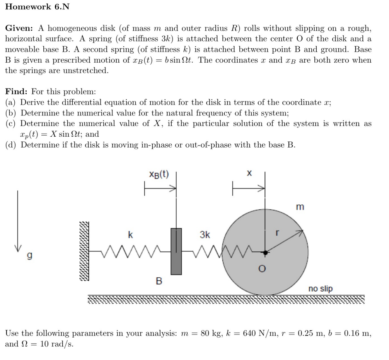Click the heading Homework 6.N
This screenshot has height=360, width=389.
pos(37,7)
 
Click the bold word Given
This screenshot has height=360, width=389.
pos(19,29)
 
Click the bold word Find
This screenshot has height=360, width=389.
pos(16,92)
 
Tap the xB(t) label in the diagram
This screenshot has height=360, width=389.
pos(159,174)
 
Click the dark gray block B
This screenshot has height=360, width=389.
pos(176,251)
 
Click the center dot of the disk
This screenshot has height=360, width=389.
pos(265,252)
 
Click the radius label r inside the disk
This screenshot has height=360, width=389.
pos(276,234)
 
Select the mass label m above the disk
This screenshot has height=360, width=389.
pos(299,207)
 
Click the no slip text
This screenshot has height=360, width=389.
pos(320,289)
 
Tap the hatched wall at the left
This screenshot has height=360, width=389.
pos(84,251)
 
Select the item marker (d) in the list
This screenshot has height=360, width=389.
pos(11,144)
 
